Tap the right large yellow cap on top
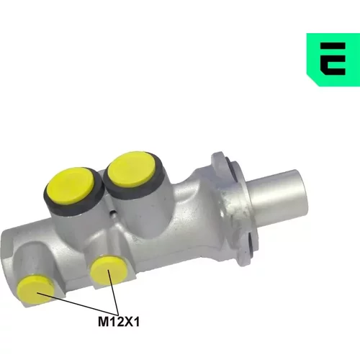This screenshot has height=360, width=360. [x=132, y=169]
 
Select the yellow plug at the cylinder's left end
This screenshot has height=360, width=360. [x=36, y=289]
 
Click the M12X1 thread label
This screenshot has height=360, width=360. [x=119, y=322]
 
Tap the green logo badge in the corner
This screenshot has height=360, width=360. [x=333, y=60]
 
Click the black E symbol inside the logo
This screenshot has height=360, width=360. [x=333, y=59]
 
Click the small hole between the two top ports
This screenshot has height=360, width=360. [x=112, y=213]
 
